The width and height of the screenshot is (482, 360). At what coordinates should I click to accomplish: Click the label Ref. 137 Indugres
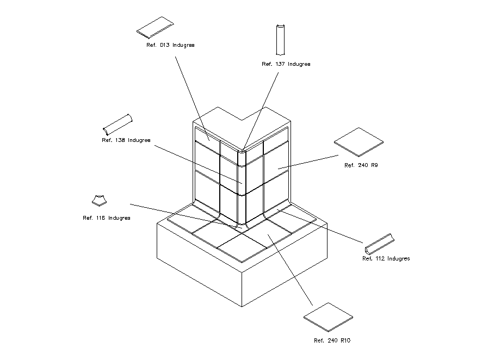point(286,64)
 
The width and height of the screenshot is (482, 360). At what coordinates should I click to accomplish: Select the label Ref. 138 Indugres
point(126,140)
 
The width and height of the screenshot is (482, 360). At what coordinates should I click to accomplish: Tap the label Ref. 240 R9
point(361,165)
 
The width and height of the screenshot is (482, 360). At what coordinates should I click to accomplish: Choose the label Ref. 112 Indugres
point(386,259)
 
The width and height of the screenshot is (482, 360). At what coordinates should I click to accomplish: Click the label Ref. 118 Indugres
point(106,218)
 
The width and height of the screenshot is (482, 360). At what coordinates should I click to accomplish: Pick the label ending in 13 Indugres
point(170,45)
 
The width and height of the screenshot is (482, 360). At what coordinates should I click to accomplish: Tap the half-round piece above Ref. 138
point(118,125)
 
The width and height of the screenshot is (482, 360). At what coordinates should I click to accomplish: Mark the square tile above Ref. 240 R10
point(328,316)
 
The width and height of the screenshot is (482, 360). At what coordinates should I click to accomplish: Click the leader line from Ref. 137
point(263,109)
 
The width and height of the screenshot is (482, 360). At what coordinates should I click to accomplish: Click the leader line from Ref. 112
point(321,226)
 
